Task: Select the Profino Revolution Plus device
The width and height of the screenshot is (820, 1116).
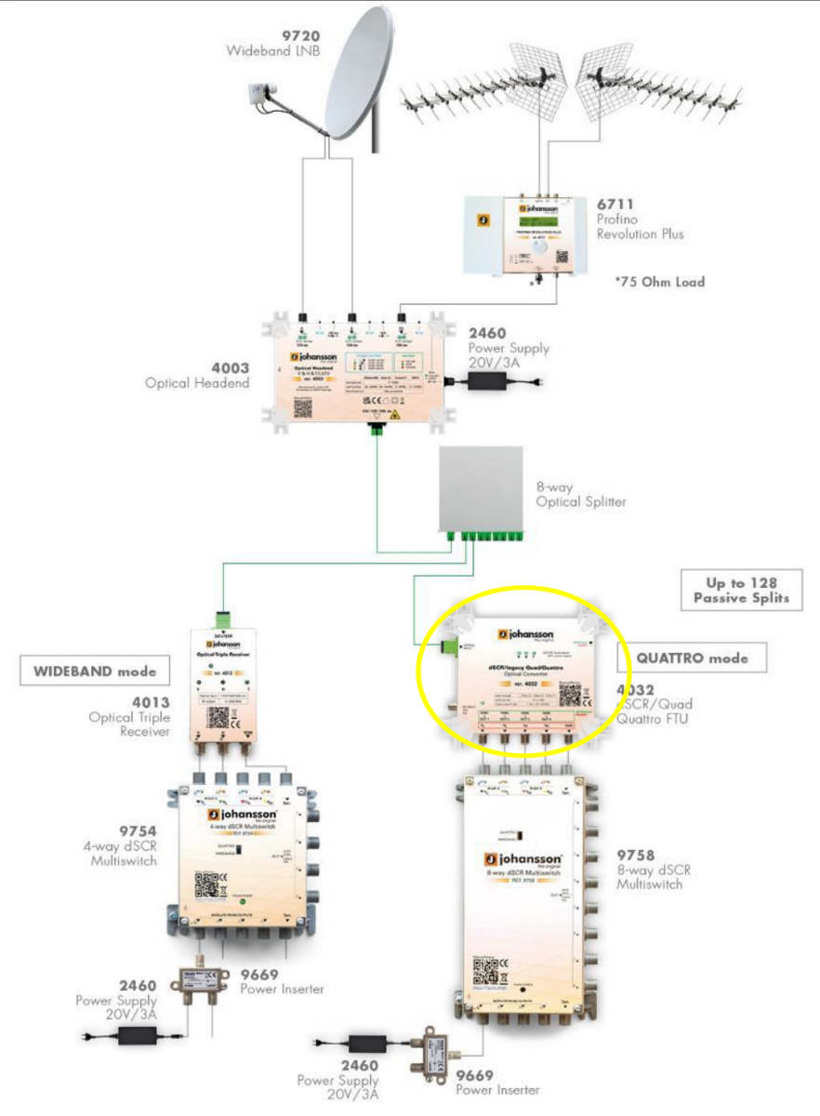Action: coord(525,233)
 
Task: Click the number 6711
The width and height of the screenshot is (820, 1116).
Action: coord(615,203)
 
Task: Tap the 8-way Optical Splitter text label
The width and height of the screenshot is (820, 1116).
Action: coord(581,495)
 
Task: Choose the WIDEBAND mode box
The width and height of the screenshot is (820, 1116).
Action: coord(88,670)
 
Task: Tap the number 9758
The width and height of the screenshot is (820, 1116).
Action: coord(637,855)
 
